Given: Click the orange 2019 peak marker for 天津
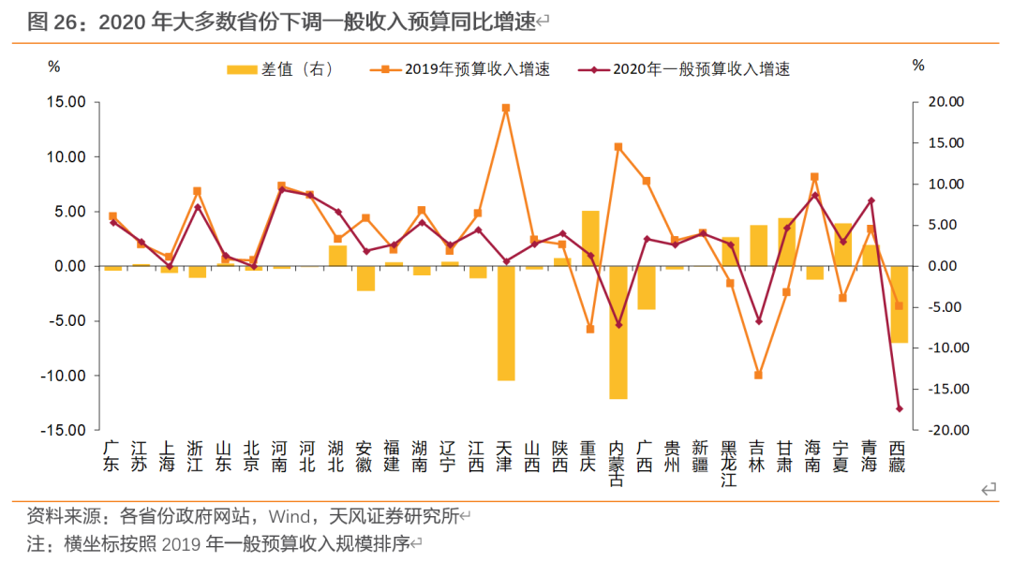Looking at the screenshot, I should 506,108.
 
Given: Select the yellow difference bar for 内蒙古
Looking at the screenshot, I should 618,333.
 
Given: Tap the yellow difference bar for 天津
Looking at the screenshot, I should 506,323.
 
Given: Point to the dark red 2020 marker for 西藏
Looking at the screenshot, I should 899,408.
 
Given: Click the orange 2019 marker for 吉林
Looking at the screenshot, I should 758,375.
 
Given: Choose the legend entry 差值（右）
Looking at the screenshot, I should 279,69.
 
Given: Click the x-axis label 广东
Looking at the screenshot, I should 112,456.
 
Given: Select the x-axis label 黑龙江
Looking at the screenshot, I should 730,464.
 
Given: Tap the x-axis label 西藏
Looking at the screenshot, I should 899,456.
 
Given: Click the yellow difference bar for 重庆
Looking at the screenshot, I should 590,239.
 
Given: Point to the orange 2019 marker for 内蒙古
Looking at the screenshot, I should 618,147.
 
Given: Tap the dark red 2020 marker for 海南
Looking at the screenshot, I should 814,196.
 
